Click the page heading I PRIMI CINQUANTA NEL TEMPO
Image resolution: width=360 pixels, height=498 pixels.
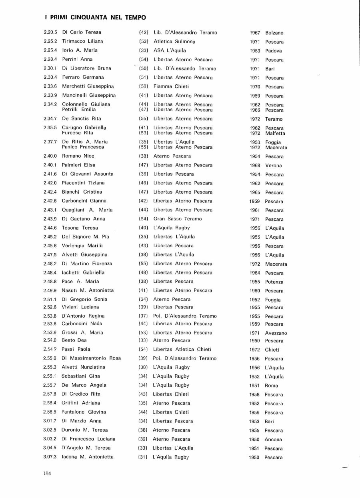[95, 18]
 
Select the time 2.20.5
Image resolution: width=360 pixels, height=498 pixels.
[50, 32]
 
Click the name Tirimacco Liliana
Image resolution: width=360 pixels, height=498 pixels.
[82, 41]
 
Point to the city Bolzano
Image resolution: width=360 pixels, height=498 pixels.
[274, 33]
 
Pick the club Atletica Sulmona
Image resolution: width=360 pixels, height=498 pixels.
[174, 41]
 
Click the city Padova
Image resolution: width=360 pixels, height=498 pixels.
[274, 51]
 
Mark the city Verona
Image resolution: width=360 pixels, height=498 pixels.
[274, 166]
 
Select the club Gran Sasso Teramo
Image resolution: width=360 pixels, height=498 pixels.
[178, 219]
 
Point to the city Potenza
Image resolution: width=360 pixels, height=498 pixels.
[274, 282]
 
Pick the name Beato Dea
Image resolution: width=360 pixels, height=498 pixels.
[74, 340]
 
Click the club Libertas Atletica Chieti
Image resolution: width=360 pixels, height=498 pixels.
[182, 349]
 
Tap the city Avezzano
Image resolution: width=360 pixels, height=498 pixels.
[276, 333]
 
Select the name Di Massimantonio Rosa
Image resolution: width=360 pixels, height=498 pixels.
[91, 358]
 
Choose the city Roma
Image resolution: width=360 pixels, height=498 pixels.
[271, 386]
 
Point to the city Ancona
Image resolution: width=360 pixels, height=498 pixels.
[274, 440]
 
